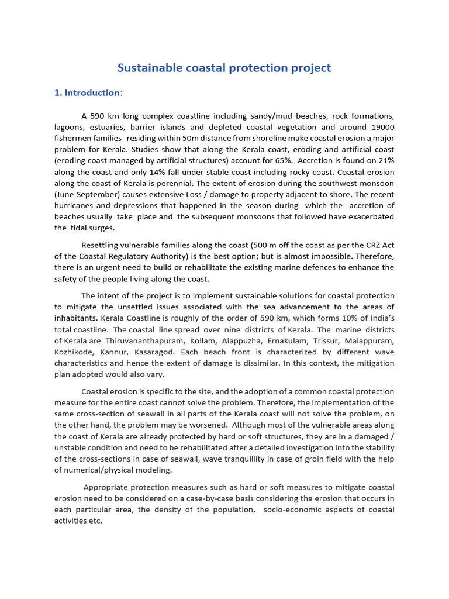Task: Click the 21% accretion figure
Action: point(384,160)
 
